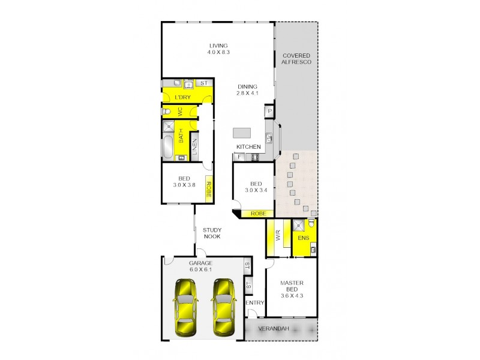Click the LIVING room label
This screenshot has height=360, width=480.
(x=219, y=46)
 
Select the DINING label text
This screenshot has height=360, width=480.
(x=247, y=86)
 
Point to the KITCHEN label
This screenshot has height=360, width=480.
(x=248, y=147)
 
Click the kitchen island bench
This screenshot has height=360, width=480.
(x=242, y=132)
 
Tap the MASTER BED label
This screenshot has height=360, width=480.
(x=292, y=287)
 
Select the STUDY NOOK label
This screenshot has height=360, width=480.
(x=211, y=233)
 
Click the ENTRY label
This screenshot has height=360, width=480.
(x=255, y=303)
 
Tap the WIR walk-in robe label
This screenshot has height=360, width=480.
(x=278, y=236)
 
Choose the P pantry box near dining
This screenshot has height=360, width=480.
(x=270, y=111)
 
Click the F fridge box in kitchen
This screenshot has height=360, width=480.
(x=239, y=157)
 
